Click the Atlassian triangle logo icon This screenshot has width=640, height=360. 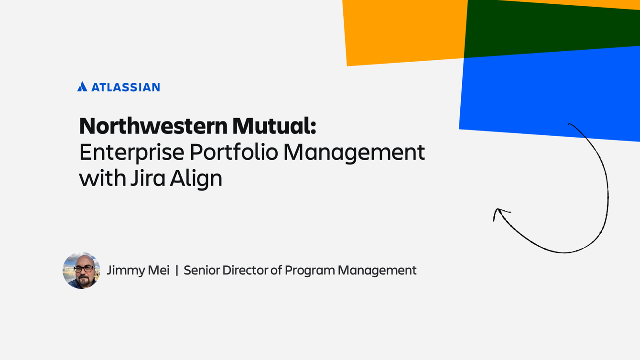[82, 87]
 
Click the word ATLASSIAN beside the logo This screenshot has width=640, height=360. [125, 87]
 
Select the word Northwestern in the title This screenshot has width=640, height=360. [153, 126]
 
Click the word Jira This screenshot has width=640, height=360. [147, 179]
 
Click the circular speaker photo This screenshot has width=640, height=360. [81, 271]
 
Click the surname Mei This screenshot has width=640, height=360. [160, 270]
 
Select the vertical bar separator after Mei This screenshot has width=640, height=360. [177, 271]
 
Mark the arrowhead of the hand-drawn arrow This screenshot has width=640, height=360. [498, 213]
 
